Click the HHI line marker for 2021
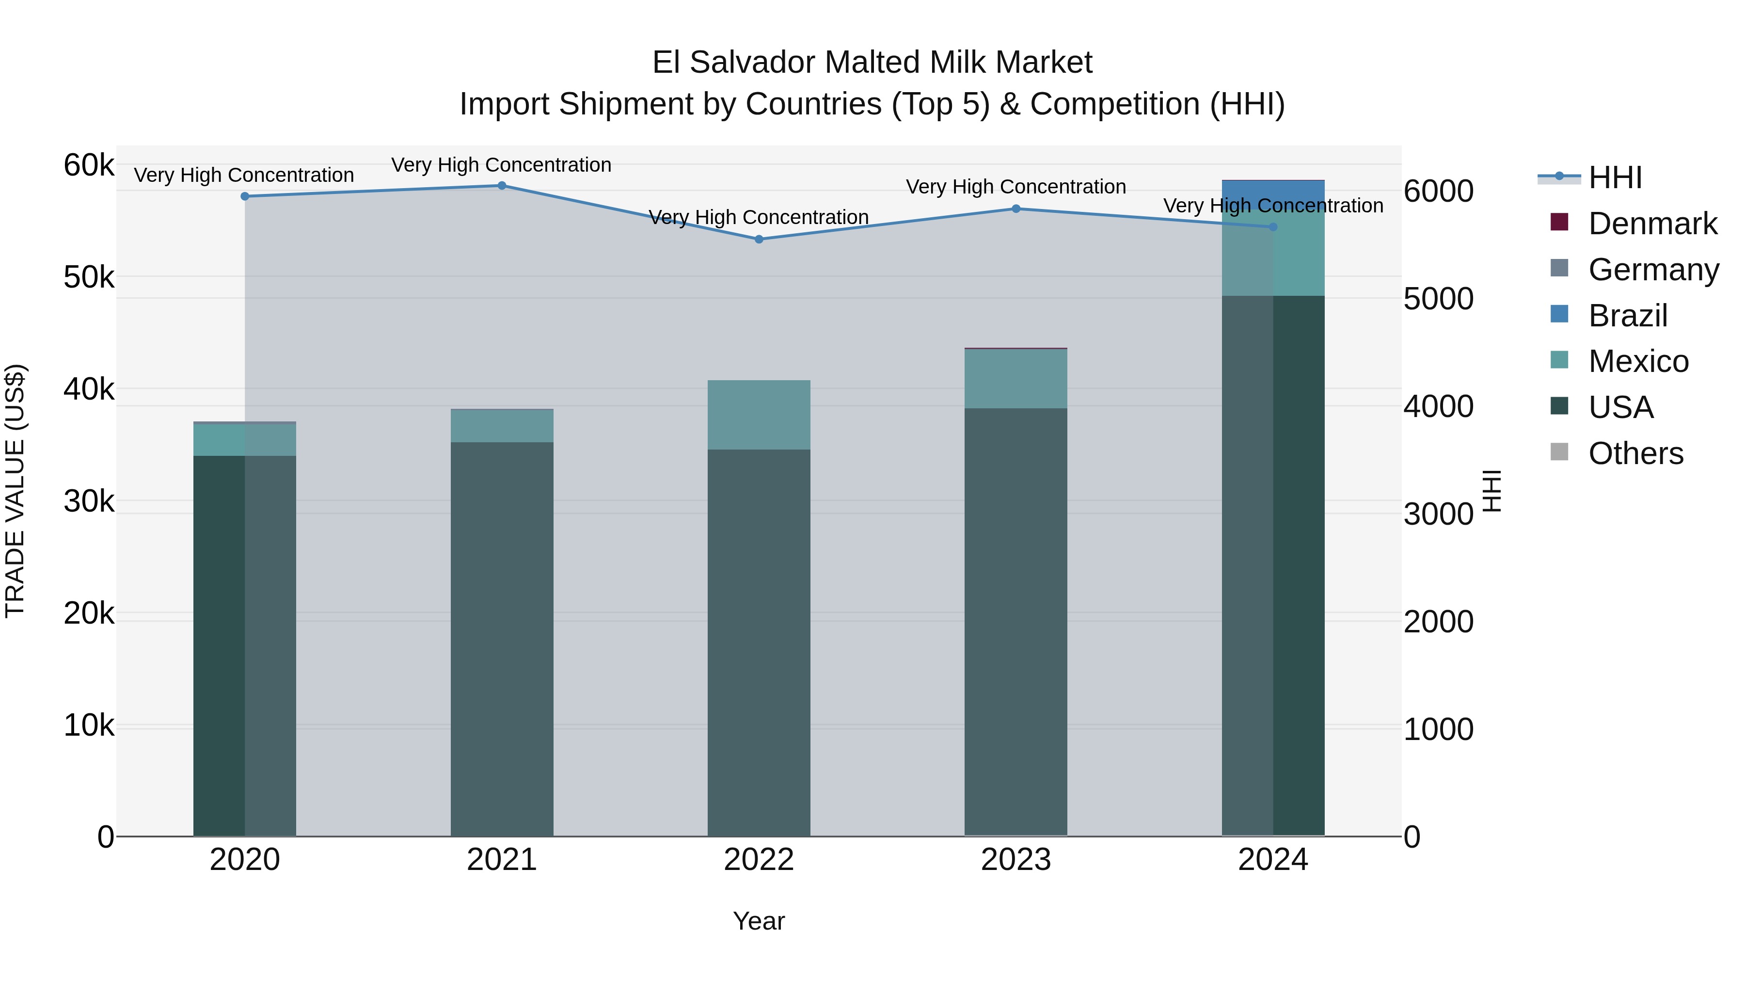click(502, 186)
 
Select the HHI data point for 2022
click(759, 239)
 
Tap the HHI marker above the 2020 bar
click(245, 196)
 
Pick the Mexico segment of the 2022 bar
click(759, 415)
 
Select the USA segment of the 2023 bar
click(1015, 622)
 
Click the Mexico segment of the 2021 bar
click(502, 426)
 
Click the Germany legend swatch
click(1559, 268)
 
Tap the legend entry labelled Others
click(1635, 453)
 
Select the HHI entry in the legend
click(1615, 177)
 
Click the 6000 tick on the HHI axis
click(1438, 191)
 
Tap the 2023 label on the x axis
click(1015, 860)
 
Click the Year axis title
click(759, 921)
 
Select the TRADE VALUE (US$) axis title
click(16, 491)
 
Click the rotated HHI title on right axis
click(1491, 491)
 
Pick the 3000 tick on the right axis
click(1438, 515)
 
